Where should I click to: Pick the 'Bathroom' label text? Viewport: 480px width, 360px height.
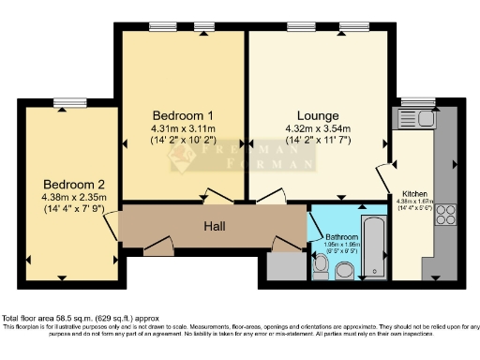click(341, 237)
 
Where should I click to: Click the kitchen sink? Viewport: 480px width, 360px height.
click(413, 119)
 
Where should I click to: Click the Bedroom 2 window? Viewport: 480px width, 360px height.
click(67, 102)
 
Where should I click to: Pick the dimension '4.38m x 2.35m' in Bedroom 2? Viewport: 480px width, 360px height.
click(73, 197)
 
